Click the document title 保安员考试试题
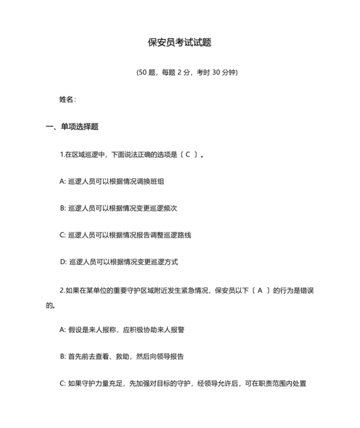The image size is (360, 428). point(179,42)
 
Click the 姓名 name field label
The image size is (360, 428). point(67,99)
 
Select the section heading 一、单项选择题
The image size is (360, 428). point(72,127)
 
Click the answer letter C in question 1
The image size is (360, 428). point(187,154)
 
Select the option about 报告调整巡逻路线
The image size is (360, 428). point(125,236)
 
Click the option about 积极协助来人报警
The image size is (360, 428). point(122,330)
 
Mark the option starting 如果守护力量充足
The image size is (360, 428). point(182,384)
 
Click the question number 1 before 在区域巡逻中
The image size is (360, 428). point(60,154)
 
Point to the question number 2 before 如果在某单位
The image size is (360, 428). point(61,290)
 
